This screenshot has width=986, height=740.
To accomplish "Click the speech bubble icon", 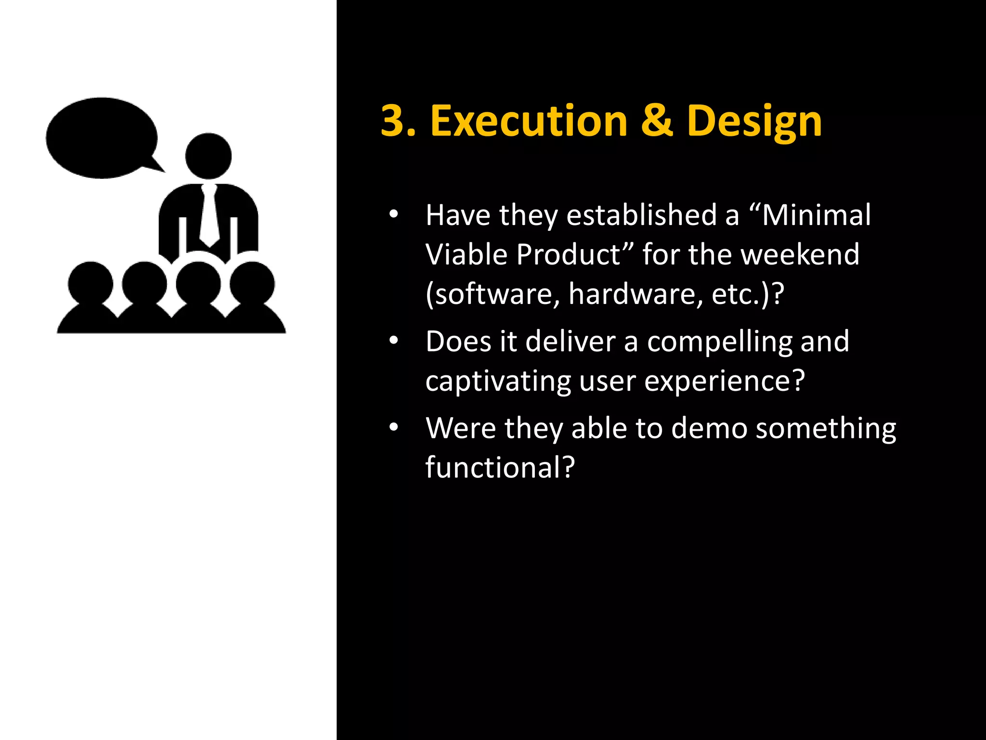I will [102, 138].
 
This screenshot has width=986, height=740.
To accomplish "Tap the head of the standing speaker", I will [208, 156].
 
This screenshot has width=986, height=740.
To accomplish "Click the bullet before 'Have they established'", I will [394, 215].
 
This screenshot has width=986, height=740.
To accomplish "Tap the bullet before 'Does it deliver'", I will [394, 341].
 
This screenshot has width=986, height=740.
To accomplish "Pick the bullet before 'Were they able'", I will [394, 427].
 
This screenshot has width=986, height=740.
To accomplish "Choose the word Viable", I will [466, 254].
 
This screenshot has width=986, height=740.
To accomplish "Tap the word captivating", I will [498, 382].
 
